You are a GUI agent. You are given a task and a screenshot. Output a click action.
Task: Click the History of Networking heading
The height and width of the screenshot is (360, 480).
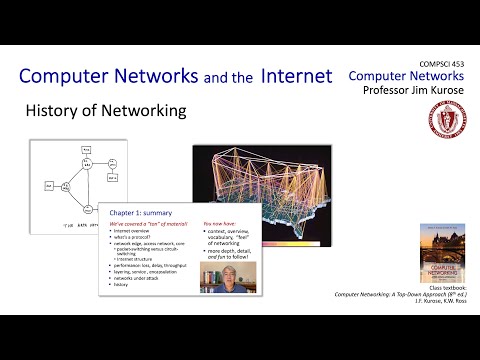pos(106,111)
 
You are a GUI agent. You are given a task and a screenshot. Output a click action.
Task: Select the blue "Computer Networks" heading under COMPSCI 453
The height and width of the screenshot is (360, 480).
pos(407,76)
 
